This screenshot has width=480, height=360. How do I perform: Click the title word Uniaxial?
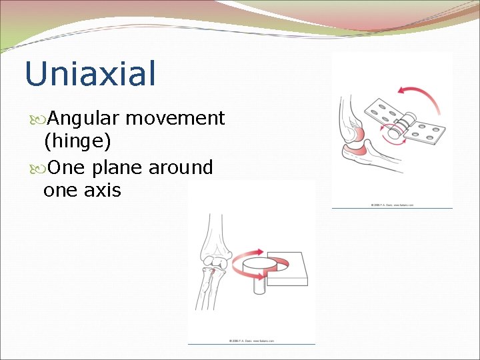point(90,74)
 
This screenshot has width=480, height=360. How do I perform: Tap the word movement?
point(175,119)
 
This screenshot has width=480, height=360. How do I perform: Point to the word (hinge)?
point(77,141)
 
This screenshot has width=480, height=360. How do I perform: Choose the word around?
point(181,167)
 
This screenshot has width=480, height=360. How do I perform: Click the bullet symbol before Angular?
point(36,119)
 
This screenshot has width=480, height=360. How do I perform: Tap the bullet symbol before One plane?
point(36,168)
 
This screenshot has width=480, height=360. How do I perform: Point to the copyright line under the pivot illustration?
point(251,341)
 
